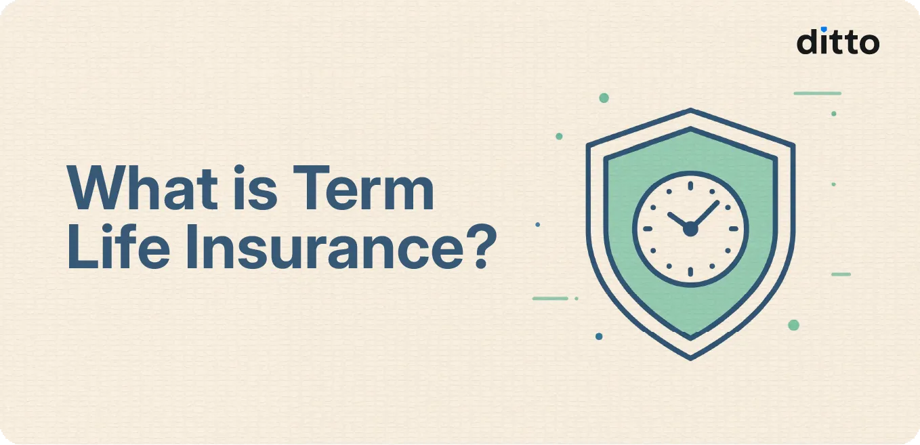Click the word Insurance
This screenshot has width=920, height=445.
coord(310,249)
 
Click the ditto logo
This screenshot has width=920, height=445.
coord(837,41)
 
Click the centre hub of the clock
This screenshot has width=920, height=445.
coord(690,230)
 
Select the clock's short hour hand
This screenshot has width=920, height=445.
coord(679,221)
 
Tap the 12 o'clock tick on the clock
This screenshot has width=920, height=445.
coord(690,185)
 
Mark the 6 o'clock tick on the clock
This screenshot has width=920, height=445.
coord(690,272)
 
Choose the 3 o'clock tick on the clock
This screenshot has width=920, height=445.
coord(734,229)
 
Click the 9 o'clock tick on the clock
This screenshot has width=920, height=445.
coord(647,229)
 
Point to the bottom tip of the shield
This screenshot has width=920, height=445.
coord(690,357)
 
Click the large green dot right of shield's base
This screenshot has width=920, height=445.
coord(793,325)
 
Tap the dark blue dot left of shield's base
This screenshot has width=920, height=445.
coord(599,336)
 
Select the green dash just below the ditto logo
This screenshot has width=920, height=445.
coord(817,93)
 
